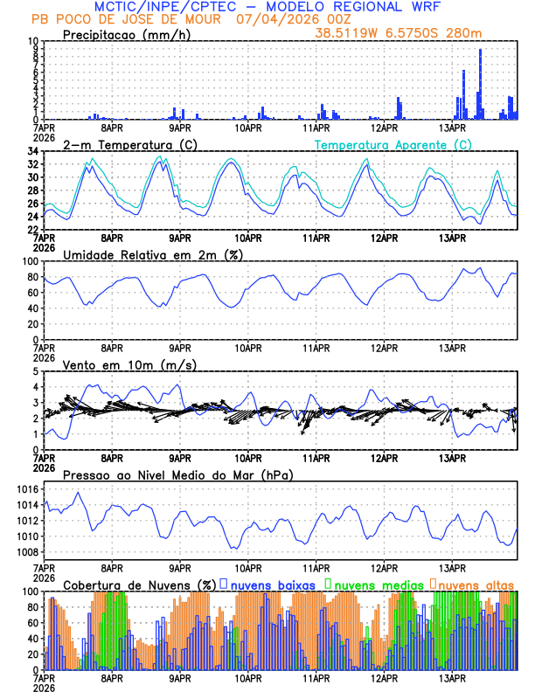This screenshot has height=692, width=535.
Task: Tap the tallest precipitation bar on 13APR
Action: (480, 84)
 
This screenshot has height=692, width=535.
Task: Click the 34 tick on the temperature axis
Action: (31, 151)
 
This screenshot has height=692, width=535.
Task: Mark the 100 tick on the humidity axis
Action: (29, 261)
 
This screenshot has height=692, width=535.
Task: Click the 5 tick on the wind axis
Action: (34, 371)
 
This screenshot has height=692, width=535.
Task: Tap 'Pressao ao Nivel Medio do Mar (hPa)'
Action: (177, 474)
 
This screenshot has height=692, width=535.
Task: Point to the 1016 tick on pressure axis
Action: (25, 489)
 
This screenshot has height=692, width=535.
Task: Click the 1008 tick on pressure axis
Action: (25, 552)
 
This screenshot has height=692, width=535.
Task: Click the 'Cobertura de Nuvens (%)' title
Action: (140, 584)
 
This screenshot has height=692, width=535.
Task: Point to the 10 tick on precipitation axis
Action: (31, 41)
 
